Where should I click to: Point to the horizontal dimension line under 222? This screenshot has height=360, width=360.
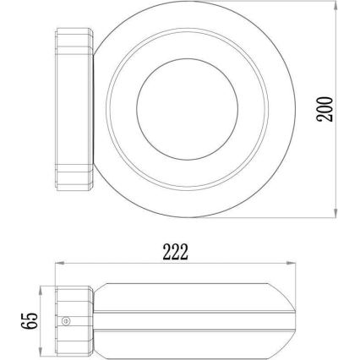[x=127, y=262]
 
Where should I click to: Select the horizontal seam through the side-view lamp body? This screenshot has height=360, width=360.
[x=186, y=315]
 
